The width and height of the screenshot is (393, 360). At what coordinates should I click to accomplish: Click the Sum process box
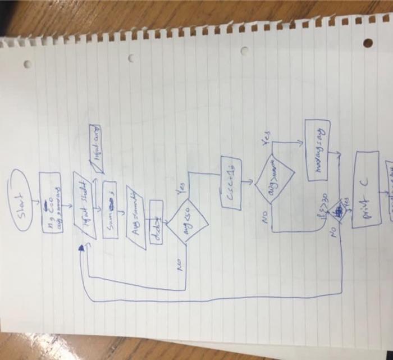pyautogui.click(x=110, y=208)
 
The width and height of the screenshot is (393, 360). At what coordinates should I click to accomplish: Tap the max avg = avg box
pyautogui.click(x=318, y=150)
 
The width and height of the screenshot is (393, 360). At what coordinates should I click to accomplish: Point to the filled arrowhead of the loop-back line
pyautogui.click(x=84, y=247)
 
